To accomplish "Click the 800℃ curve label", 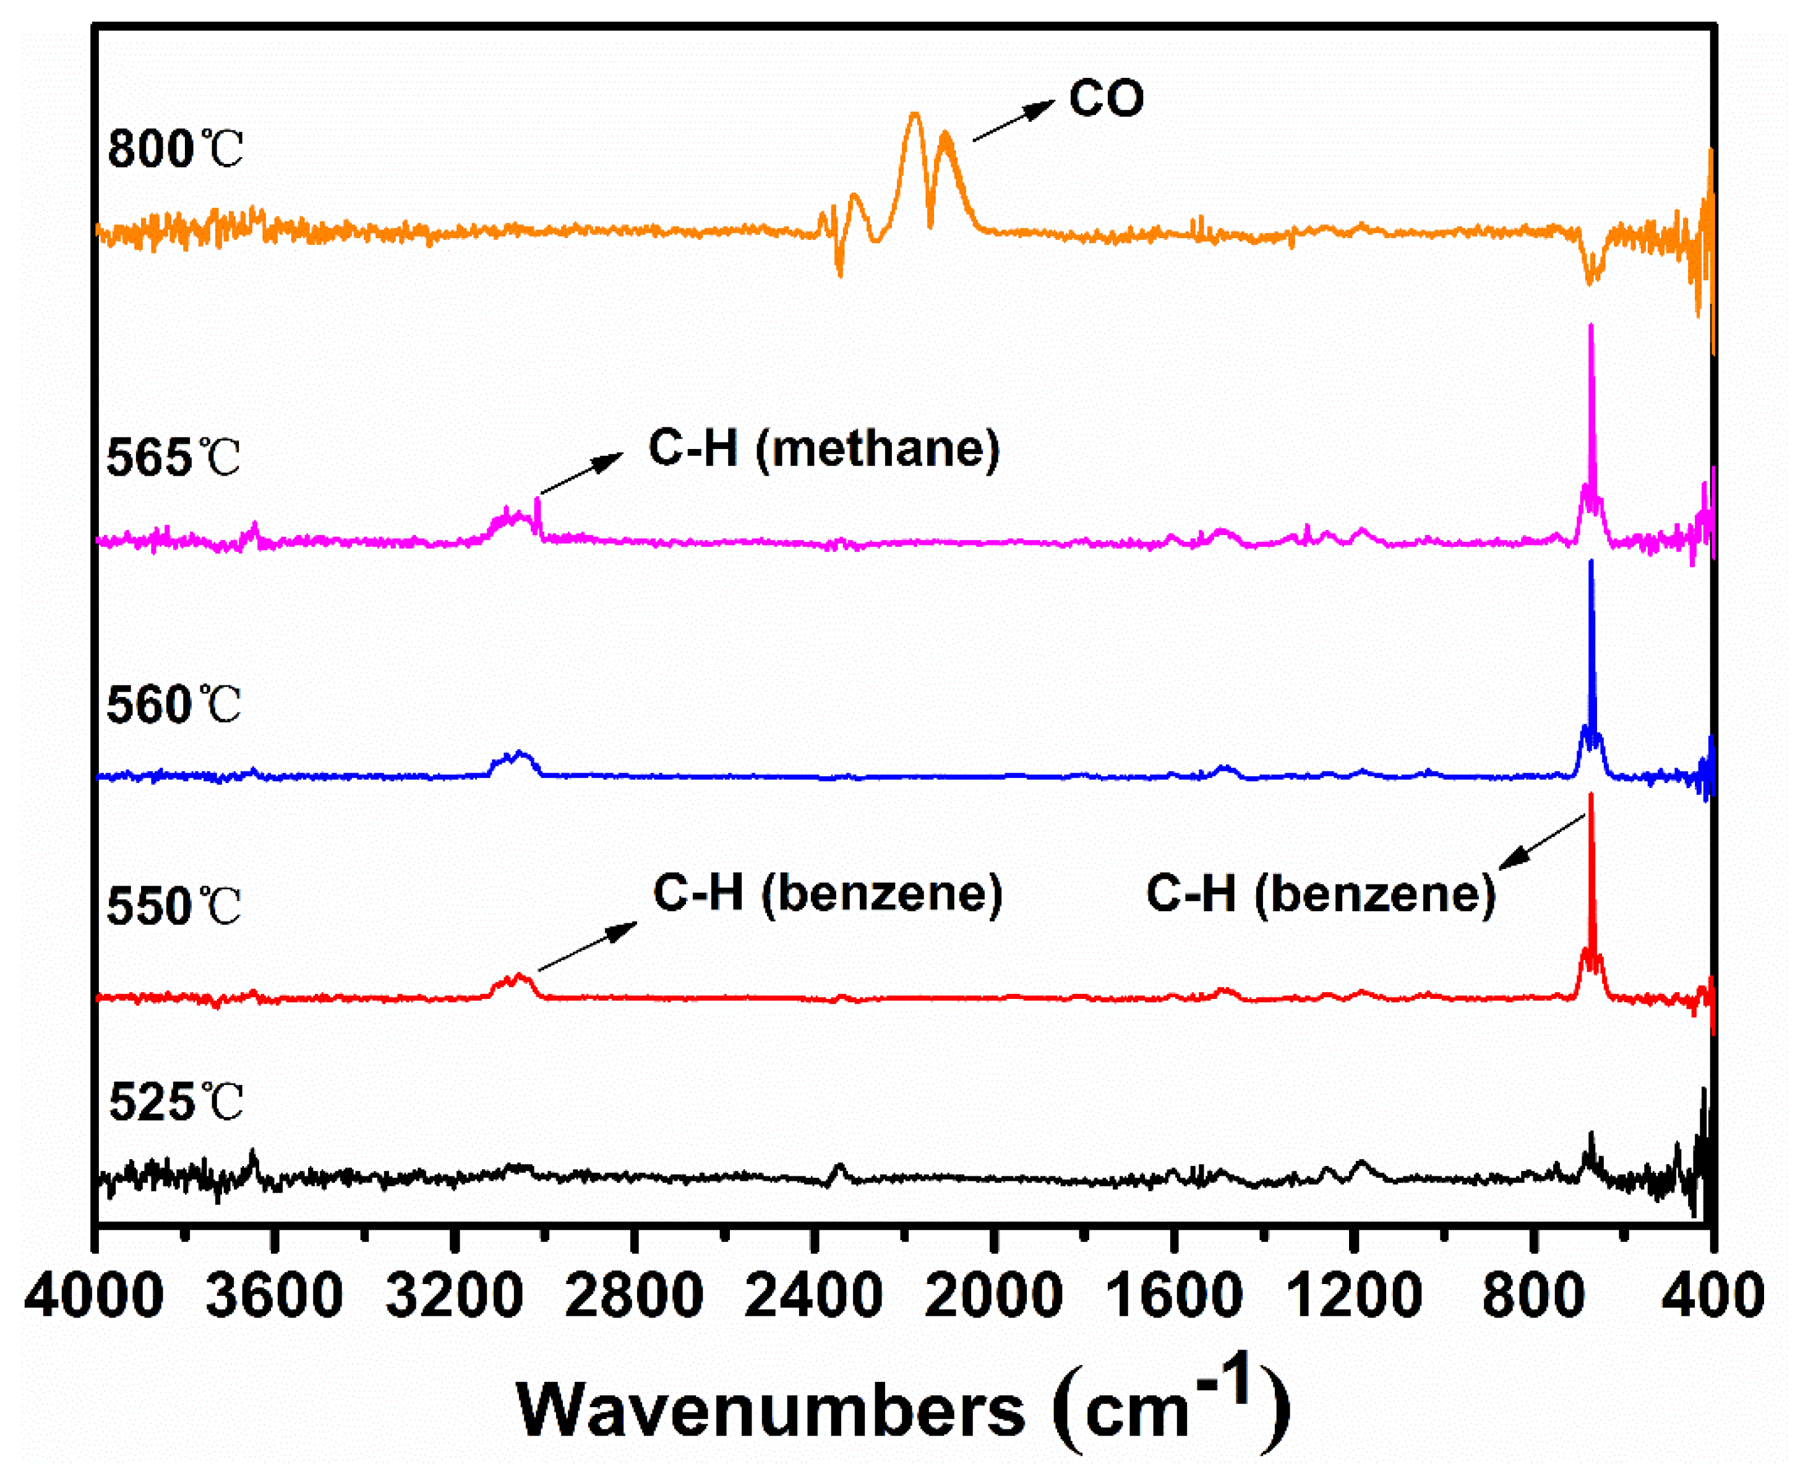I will coord(175,150).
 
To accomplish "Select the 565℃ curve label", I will coord(173,458).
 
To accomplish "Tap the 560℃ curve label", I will coord(173,705).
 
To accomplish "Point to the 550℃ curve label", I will coord(173,907).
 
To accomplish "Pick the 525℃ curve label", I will coord(176,1103).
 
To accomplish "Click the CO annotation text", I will coord(1105,98).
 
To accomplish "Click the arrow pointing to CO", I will coord(1013,121).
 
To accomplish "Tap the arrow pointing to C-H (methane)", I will coord(581,474).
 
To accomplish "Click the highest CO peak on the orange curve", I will coord(914,115).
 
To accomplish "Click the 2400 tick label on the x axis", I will coord(813,1295).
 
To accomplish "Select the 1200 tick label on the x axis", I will coord(1353,1295).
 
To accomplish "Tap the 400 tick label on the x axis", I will coord(1713,1295).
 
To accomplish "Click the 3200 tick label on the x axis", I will coord(453,1295).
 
